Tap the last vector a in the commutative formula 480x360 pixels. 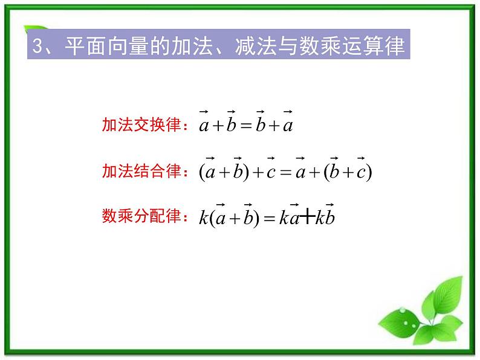click(288, 125)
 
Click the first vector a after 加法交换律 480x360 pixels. click(204, 125)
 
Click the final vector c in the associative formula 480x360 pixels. click(361, 172)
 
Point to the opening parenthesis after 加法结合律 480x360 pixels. click(202, 173)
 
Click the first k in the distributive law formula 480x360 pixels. click(203, 217)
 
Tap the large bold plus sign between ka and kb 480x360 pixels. click(307, 217)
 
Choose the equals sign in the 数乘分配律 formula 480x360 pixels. click(268, 218)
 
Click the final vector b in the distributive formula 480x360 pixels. click(329, 216)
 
